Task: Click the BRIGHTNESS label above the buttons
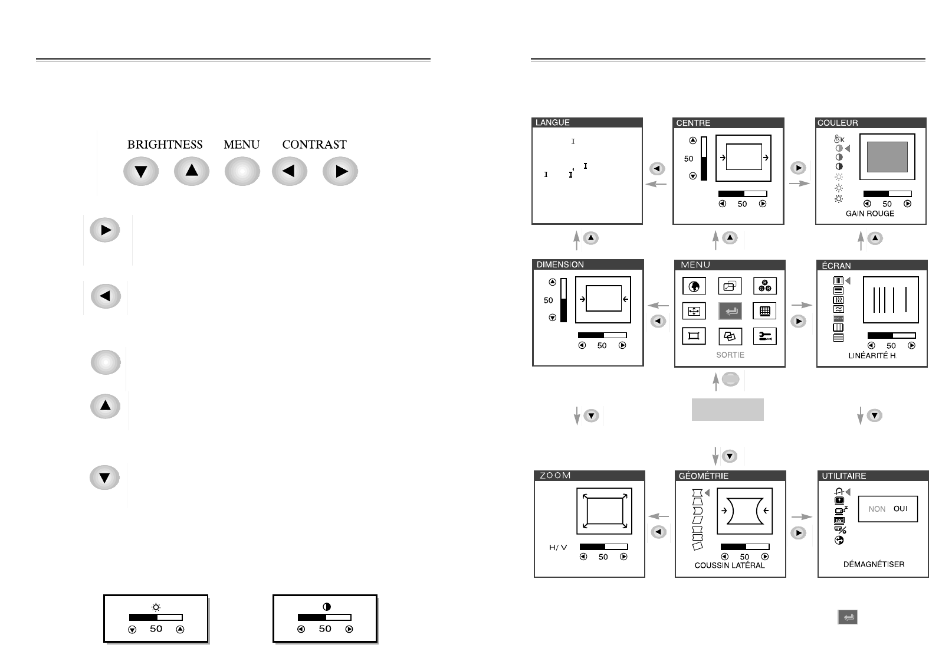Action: pos(165,145)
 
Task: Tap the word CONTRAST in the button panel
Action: pos(314,145)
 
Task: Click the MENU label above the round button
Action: pos(241,145)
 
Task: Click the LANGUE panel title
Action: pos(553,123)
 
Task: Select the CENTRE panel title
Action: pos(693,123)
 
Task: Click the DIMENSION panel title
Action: pos(560,265)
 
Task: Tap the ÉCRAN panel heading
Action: pos(836,266)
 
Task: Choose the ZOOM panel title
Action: pos(555,476)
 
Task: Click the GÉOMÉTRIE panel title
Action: pos(704,476)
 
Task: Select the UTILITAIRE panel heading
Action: pos(844,476)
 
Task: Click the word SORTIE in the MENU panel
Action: pos(730,355)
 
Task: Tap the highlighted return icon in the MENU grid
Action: pos(730,311)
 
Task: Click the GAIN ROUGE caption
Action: pos(870,214)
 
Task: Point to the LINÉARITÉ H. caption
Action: pos(873,356)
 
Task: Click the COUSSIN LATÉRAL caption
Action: pos(730,565)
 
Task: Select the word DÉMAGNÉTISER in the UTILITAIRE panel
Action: pos(874,565)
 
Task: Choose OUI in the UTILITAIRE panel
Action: pos(900,509)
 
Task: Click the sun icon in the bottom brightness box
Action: pos(156,607)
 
